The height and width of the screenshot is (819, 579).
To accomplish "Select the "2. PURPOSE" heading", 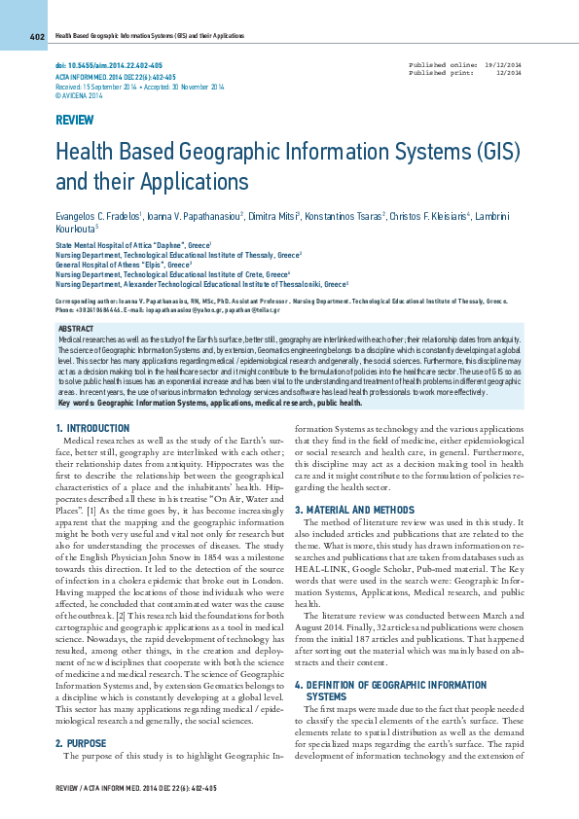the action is click(x=81, y=768).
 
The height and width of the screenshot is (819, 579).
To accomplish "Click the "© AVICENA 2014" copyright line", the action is click(x=80, y=96).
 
